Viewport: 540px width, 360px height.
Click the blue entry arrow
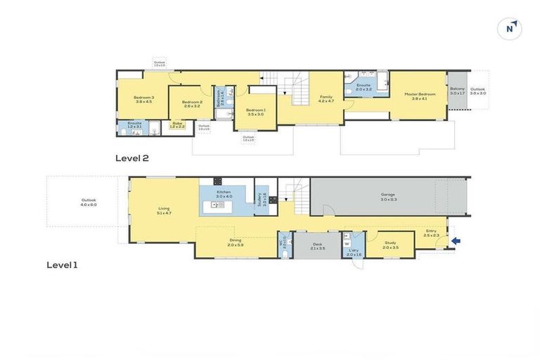coord(456,242)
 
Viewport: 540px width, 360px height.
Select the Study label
coord(390,245)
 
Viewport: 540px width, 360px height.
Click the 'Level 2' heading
coord(131,158)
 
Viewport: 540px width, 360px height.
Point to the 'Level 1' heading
coord(63,265)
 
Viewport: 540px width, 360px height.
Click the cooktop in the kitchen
coord(218,181)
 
